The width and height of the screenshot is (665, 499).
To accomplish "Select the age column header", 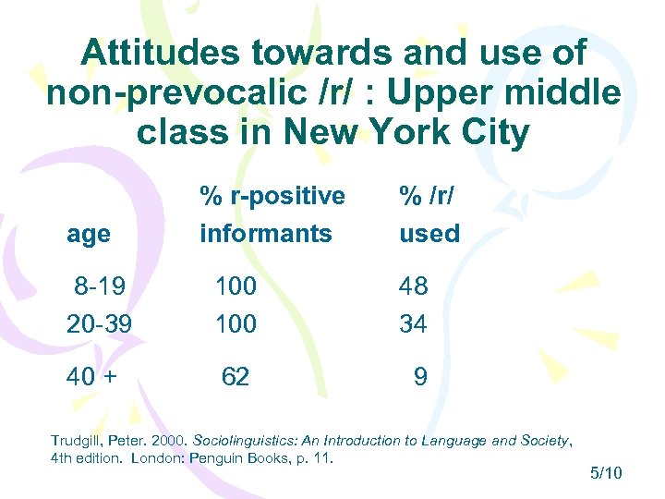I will pyautogui.click(x=89, y=234).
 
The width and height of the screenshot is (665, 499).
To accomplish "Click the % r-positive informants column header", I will pyautogui.click(x=272, y=214).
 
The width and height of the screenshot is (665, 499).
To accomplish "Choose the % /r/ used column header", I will pyautogui.click(x=429, y=214).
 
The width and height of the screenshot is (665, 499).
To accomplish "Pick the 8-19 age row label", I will pyautogui.click(x=101, y=286).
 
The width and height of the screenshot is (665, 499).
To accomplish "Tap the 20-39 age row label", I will pyautogui.click(x=97, y=324).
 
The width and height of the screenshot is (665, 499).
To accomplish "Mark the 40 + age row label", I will pyautogui.click(x=95, y=376).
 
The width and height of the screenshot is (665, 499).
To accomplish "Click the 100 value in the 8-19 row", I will pyautogui.click(x=236, y=286).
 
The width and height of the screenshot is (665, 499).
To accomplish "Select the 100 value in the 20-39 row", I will pyautogui.click(x=236, y=324).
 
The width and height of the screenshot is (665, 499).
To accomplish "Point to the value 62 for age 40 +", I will pyautogui.click(x=235, y=376).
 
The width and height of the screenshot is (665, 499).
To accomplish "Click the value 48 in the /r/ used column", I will pyautogui.click(x=414, y=286).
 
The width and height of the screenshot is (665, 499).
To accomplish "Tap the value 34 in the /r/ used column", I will pyautogui.click(x=414, y=324).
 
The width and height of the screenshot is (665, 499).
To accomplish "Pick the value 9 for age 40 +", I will pyautogui.click(x=420, y=376).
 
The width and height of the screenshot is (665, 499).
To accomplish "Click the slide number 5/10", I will pyautogui.click(x=606, y=474).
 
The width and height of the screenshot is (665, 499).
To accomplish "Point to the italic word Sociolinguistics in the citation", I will pyautogui.click(x=234, y=441).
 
